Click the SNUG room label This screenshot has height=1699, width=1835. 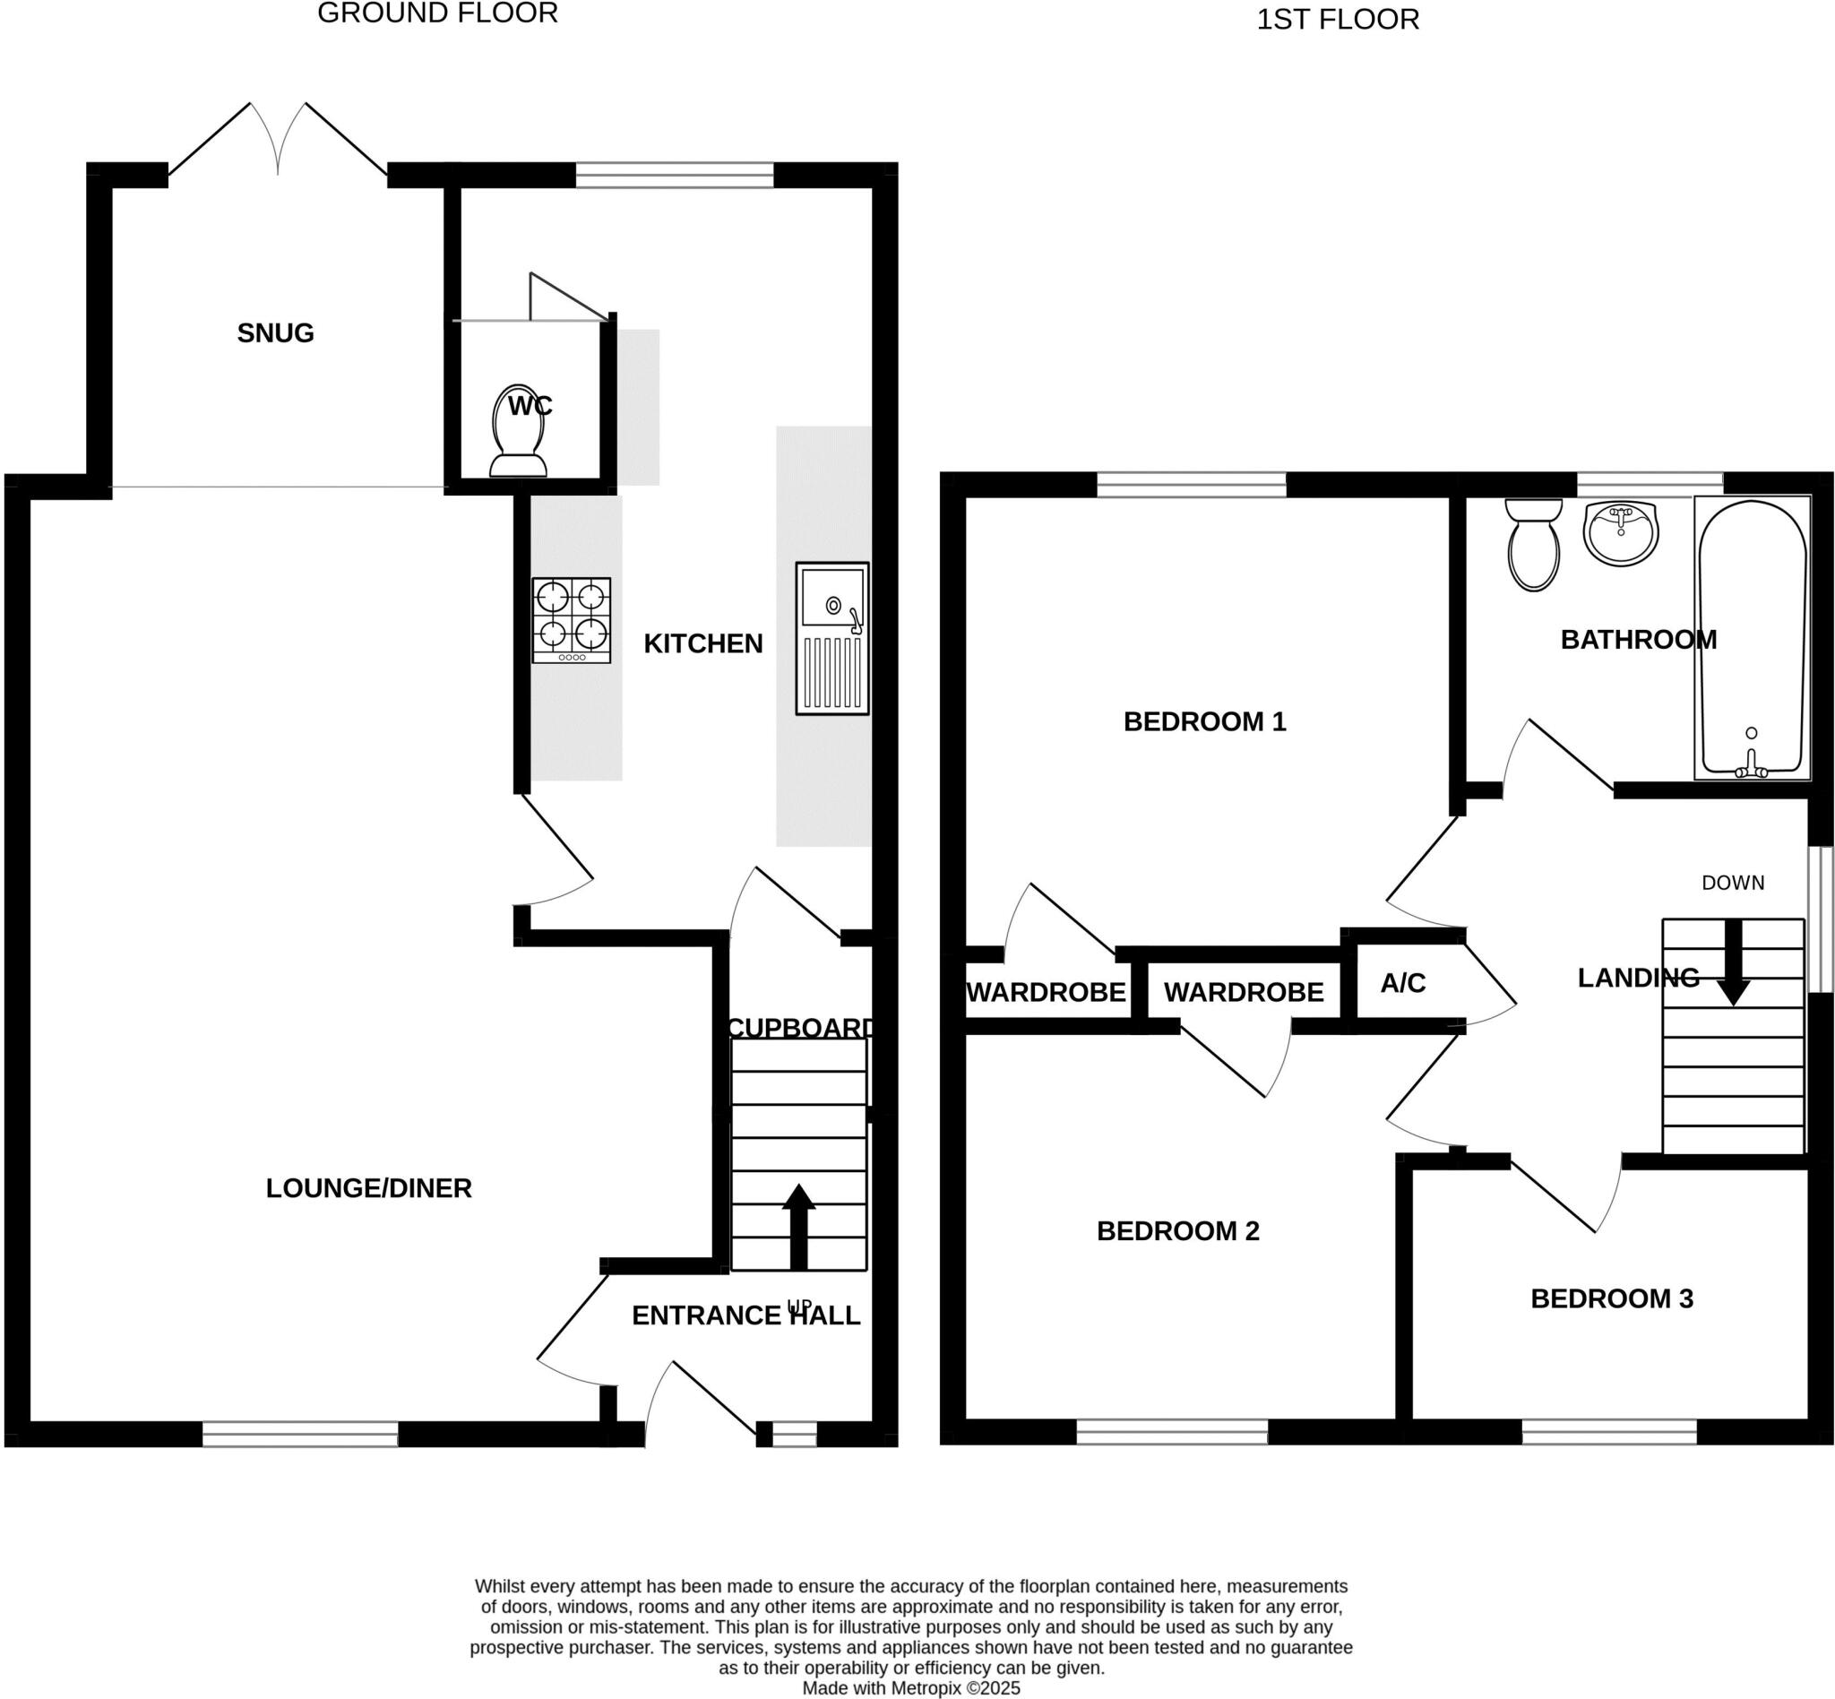(x=275, y=332)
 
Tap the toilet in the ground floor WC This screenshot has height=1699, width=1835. (x=518, y=432)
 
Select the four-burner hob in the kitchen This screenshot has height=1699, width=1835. (x=571, y=620)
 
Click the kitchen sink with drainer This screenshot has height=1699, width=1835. (x=831, y=638)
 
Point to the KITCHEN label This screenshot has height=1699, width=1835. (x=702, y=643)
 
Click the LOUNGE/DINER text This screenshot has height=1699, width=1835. (x=367, y=1188)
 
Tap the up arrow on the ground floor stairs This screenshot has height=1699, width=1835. (x=798, y=1226)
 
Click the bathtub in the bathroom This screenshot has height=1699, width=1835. (x=1752, y=636)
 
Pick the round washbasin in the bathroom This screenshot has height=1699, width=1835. (x=1621, y=533)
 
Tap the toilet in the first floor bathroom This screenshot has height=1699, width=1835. (x=1533, y=544)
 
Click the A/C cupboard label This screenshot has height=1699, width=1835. (x=1402, y=983)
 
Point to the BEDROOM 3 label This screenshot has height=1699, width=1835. (x=1611, y=1298)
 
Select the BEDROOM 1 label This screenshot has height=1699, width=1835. (x=1204, y=721)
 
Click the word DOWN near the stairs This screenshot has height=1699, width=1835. (x=1732, y=883)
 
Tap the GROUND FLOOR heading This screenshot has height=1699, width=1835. (x=437, y=13)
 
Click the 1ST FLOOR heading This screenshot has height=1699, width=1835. (x=1337, y=20)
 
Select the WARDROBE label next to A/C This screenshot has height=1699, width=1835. (x=1243, y=992)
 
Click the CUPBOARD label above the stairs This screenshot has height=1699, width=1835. (x=800, y=1027)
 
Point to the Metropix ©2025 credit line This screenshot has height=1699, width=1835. (x=910, y=1688)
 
